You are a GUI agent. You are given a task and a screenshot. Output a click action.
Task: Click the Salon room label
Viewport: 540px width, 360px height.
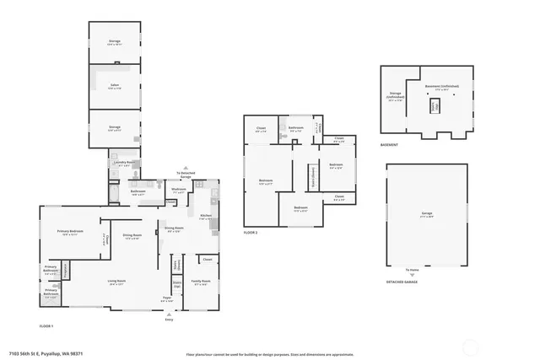(x=113, y=85)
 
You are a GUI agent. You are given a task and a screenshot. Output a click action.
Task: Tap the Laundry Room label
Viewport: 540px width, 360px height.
(x=124, y=164)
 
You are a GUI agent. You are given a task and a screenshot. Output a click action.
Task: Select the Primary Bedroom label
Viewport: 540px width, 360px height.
(x=69, y=233)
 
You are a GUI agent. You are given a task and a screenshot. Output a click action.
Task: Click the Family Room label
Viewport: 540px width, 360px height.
(x=201, y=282)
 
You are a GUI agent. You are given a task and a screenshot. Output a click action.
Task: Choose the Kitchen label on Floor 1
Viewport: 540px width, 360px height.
(x=205, y=216)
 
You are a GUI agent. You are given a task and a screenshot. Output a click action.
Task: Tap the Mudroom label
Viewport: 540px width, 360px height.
(x=178, y=190)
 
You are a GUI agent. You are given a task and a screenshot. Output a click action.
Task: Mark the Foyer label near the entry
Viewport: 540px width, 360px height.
(x=167, y=299)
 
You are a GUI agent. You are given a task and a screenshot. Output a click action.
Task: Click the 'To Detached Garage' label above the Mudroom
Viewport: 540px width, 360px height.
(x=184, y=175)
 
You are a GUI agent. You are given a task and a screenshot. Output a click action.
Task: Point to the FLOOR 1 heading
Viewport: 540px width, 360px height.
(x=46, y=325)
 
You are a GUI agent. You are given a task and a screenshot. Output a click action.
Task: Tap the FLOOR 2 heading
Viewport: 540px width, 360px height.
(x=251, y=232)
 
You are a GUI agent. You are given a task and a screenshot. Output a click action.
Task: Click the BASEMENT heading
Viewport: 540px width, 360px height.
(x=390, y=145)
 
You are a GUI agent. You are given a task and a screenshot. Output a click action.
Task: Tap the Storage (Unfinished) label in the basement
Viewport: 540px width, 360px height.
(x=395, y=95)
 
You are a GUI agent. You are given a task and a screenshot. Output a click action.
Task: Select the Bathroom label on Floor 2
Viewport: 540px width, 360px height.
(x=296, y=130)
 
